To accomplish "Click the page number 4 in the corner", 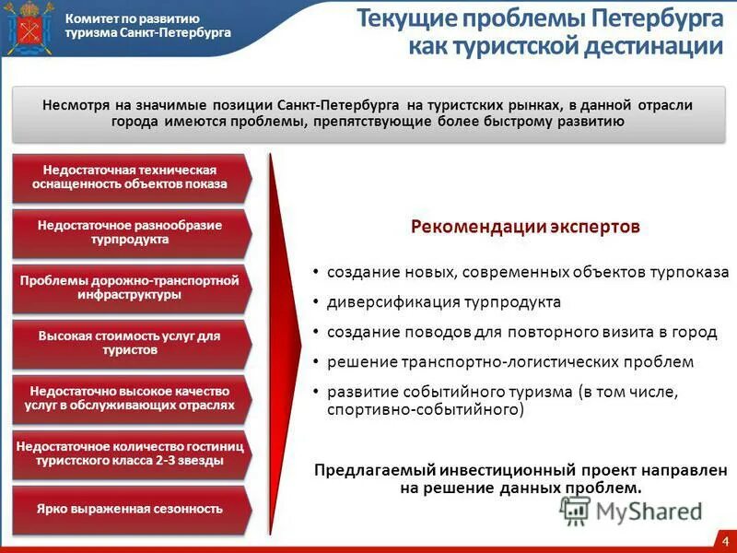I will pos(725,540).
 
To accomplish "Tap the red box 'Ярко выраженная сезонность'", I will pos(130,509).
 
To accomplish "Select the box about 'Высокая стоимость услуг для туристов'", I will pos(130,343).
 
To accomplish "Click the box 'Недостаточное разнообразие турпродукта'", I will pos(130,232).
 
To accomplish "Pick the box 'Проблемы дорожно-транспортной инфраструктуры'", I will pos(130,288).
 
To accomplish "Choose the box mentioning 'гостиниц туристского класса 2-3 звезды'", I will pos(130,453).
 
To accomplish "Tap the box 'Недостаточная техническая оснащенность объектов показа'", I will pos(130,177).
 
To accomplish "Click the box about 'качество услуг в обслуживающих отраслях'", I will pos(130,398).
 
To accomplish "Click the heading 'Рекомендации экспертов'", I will pos(524,227).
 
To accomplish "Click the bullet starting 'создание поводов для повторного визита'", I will pos(521,332).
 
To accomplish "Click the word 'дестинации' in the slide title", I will pos(653,47).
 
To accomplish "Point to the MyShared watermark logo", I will pos(632,510).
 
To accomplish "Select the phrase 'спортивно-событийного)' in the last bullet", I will pos(426,408).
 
